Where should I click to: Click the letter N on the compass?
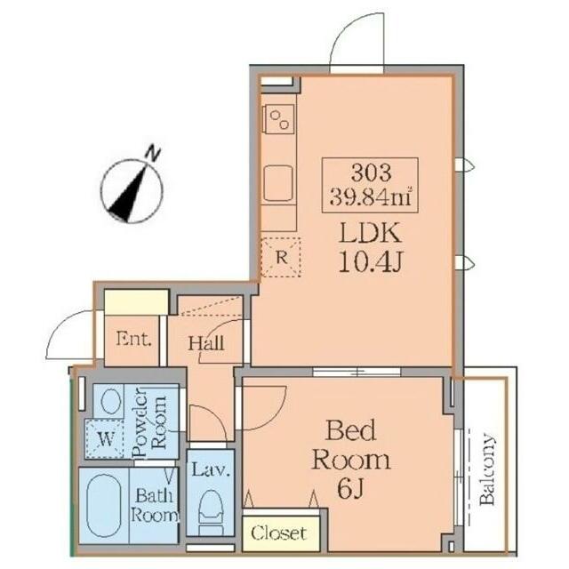[153, 154]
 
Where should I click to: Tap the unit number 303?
[371, 172]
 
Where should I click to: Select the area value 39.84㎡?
[371, 196]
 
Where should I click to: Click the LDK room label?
[370, 233]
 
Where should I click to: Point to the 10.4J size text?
[370, 261]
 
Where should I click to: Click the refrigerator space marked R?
[281, 257]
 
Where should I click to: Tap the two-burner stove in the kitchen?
[279, 119]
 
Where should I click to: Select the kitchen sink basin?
[278, 183]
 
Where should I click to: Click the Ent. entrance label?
[133, 340]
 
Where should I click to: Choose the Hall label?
[205, 343]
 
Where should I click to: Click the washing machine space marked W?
[105, 438]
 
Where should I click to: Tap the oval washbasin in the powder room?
[110, 401]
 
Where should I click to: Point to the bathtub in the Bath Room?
[105, 506]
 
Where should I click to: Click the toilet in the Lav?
[211, 511]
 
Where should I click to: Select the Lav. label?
[211, 470]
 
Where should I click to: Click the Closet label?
[279, 533]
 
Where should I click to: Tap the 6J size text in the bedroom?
[350, 489]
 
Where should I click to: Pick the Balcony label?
[487, 469]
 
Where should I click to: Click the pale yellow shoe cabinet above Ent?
[136, 302]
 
